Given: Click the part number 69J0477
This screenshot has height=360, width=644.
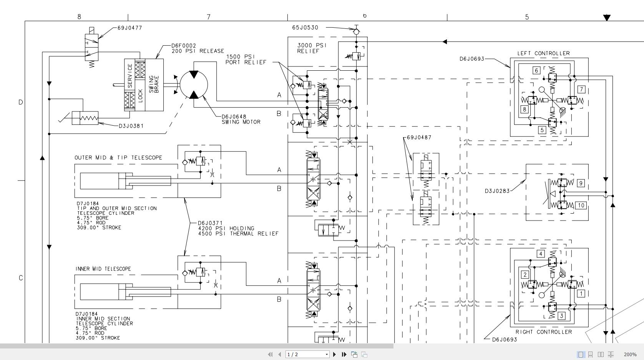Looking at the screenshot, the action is click(x=129, y=28).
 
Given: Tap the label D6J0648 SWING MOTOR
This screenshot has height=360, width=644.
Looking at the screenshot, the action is click(x=241, y=119).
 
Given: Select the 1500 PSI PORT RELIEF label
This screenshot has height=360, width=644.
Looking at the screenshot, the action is click(x=246, y=60).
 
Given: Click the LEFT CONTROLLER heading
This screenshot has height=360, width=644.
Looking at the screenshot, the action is click(x=543, y=53).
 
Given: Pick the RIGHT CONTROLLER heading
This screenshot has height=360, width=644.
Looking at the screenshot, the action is click(x=544, y=332).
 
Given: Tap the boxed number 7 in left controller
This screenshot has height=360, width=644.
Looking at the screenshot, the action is click(x=581, y=90).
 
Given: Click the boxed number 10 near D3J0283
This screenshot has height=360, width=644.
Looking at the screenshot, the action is click(x=581, y=205).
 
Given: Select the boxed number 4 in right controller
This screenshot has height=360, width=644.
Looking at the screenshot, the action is click(x=541, y=254).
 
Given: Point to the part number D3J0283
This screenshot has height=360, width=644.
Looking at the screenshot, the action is click(x=497, y=191).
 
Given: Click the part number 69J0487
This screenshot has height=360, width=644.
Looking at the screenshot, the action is click(x=419, y=138).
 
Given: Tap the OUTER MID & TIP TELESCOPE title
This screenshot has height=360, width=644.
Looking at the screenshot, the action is click(x=118, y=158).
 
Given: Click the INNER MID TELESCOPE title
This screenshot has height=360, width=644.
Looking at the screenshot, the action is click(x=103, y=269).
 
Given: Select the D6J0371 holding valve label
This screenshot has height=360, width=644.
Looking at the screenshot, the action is click(x=238, y=228).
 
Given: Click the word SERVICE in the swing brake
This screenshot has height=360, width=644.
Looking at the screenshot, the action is click(x=129, y=76).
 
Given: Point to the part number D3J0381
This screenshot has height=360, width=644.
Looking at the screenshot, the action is click(x=131, y=126).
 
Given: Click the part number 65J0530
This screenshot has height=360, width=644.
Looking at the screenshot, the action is click(x=305, y=28).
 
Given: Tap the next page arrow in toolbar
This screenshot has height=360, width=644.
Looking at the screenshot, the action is click(x=334, y=355).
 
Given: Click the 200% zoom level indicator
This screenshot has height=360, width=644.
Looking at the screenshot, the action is click(x=630, y=355).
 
